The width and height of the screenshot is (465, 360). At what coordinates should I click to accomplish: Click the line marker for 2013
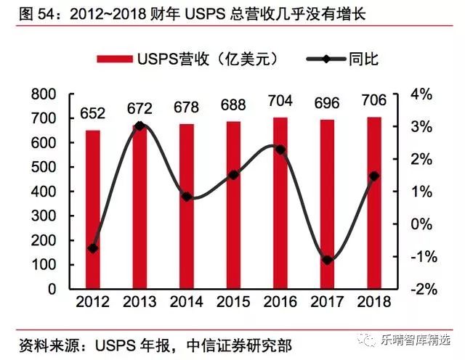pyautogui.click(x=139, y=126)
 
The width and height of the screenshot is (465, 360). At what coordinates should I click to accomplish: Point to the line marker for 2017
pyautogui.click(x=327, y=260)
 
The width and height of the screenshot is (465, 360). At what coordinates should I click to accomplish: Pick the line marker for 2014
pyautogui.click(x=187, y=197)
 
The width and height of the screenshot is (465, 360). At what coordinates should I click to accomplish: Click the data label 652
pyautogui.click(x=93, y=113)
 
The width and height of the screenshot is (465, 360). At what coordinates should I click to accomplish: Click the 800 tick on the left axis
pyautogui.click(x=45, y=94)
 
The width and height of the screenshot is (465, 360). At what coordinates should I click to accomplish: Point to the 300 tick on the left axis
pyautogui.click(x=45, y=216)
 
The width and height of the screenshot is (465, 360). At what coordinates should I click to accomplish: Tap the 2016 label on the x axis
pyautogui.click(x=280, y=301)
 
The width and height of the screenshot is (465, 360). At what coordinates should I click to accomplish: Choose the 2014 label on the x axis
pyautogui.click(x=187, y=301)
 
